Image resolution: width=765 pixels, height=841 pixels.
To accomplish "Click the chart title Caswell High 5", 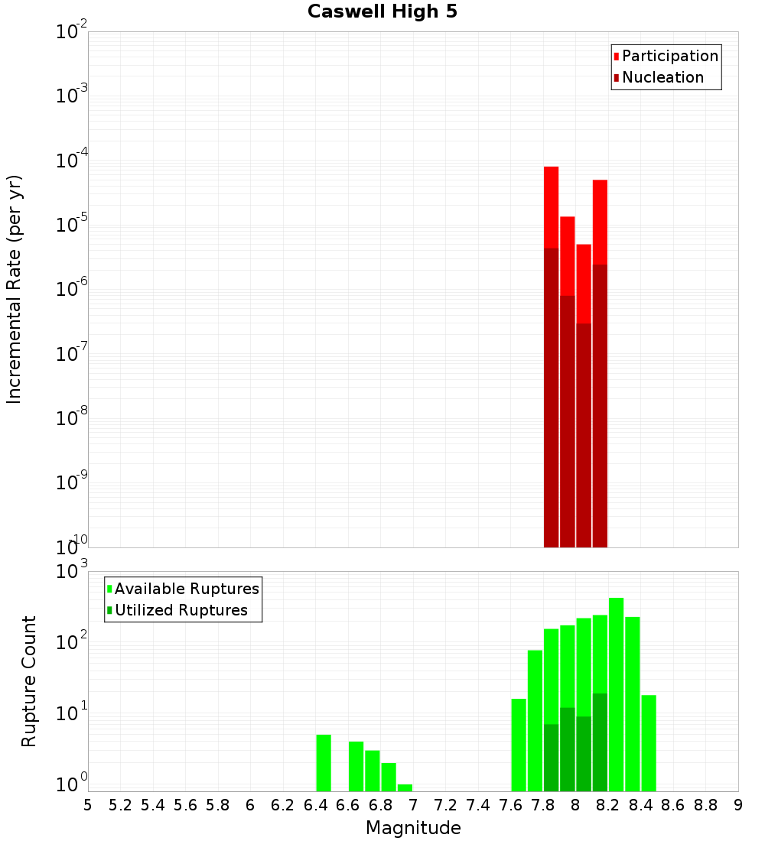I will coord(382,12).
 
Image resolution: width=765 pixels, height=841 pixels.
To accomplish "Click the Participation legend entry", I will coord(669,56).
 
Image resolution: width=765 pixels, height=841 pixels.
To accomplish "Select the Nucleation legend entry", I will coord(662,77).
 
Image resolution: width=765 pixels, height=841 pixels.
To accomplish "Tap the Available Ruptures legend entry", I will coord(186,589).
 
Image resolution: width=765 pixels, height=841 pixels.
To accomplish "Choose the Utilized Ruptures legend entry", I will coord(181,610).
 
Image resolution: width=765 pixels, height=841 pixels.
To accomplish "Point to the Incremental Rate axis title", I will coord(15,289).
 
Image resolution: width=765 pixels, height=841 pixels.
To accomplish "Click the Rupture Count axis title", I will coord(29,681).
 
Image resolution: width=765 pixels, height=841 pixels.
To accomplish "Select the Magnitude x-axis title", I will coord(413,828).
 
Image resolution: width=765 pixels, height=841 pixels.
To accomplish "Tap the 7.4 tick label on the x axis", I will coord(478,805).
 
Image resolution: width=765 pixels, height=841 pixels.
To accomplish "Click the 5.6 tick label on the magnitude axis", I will coord(186,805).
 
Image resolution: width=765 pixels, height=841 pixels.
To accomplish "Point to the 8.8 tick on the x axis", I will coord(705,805).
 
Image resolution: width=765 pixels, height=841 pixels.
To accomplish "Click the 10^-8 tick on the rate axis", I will coord(71,418).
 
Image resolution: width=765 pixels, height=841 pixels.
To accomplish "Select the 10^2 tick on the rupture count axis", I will coord(71,642).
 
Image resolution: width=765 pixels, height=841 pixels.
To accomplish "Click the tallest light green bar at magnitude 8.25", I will coord(617,688).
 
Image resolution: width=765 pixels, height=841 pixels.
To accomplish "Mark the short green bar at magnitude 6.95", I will coord(405,787).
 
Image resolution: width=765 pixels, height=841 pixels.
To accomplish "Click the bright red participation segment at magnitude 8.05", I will coord(584,283).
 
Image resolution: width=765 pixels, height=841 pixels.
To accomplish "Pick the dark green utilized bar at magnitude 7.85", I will coord(551,757).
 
